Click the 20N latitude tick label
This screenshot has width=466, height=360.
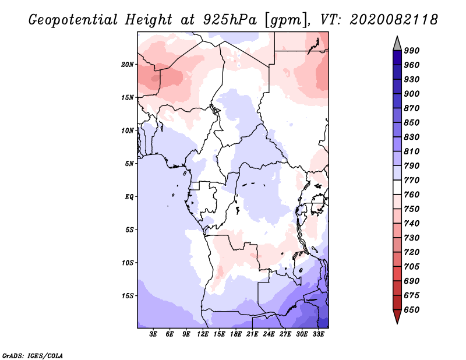pos(128,64)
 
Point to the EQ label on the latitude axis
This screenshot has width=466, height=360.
pos(129,197)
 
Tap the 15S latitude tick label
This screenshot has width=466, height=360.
pos(128,296)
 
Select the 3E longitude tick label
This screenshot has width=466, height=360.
pos(154,334)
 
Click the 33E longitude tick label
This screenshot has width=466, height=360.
pos(319,334)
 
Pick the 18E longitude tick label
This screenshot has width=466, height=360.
pos(236,334)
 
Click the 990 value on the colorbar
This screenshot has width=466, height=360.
pos(412,51)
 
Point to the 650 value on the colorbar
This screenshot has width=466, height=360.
pos(412,310)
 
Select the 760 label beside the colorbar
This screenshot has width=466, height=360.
pos(412,195)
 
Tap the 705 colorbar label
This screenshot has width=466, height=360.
pos(412,267)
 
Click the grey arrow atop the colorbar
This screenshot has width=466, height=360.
pos(397,43)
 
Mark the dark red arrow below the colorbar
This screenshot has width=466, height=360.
pos(397,317)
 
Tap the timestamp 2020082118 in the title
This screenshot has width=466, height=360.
pos(394,20)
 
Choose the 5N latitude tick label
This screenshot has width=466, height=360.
pos(129,164)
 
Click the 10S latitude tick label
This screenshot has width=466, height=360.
pos(128,263)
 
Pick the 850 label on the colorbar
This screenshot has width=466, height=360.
pos(412,123)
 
